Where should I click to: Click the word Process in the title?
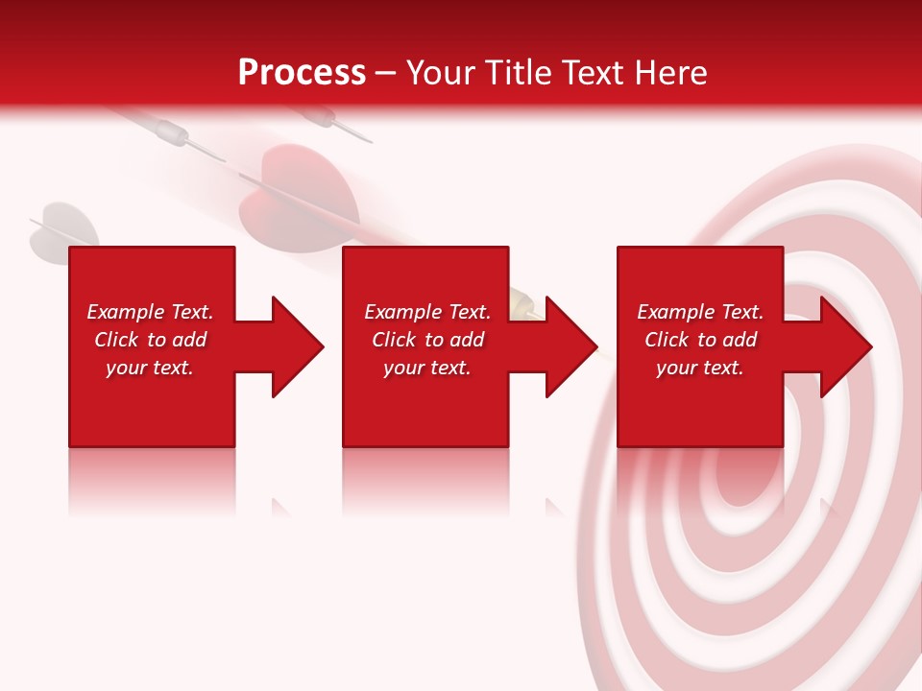coord(302,73)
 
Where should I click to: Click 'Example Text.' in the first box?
coord(150,312)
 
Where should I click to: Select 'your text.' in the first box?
coord(150,368)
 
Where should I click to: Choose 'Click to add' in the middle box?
coord(427,340)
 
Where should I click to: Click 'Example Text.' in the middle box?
coord(427,312)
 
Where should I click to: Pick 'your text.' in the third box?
coord(700,368)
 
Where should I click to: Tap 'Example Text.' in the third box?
coord(700,312)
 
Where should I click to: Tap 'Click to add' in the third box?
coord(700,340)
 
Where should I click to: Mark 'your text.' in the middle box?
coord(427,368)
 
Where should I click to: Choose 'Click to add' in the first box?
coord(150,340)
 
